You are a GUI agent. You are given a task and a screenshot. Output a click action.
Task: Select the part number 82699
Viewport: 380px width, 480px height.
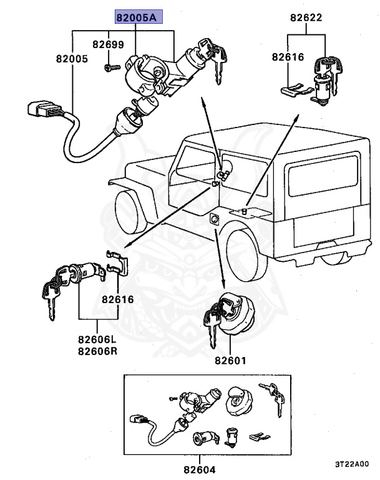coord(109,45)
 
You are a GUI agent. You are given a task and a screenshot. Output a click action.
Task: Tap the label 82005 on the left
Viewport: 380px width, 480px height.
coord(71,59)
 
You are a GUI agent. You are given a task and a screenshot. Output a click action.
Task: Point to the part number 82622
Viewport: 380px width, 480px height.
coord(306,18)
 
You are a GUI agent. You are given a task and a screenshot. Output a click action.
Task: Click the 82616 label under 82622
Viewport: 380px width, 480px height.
coord(287,57)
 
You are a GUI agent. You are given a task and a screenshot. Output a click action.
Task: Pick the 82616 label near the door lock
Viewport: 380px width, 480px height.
coord(119,299)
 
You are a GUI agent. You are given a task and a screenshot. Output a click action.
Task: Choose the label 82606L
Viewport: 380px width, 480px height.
coord(98,339)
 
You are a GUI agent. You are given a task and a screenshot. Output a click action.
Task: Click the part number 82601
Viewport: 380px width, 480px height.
coord(231,361)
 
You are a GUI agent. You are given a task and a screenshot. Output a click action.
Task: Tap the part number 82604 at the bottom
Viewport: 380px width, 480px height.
coord(200,467)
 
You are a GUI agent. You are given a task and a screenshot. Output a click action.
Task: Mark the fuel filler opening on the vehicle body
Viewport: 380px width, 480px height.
coord(214,219)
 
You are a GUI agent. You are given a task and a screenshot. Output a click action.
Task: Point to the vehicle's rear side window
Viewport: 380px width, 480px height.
coord(322,177)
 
